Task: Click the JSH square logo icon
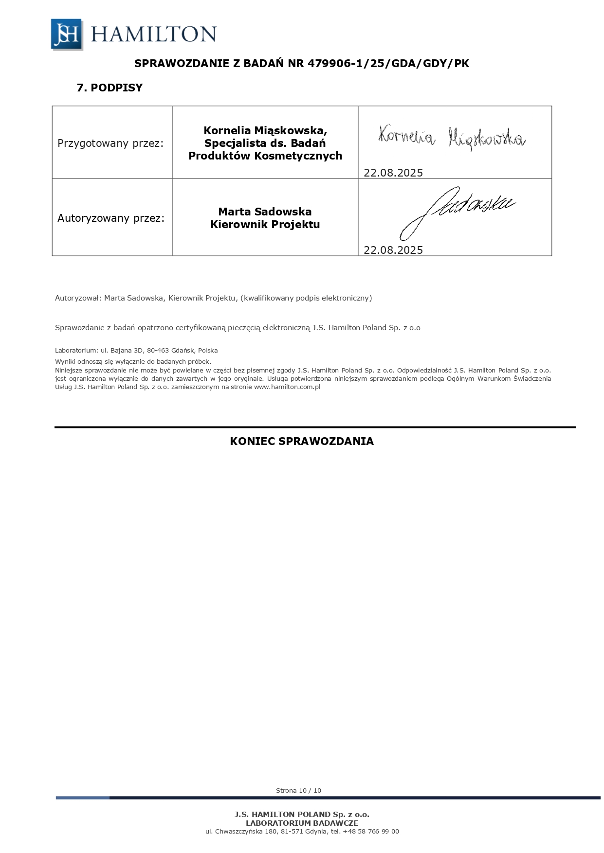tap(67, 34)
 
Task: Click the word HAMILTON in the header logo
tap(153, 35)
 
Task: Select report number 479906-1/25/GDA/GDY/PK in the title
tap(388, 64)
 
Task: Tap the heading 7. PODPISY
tap(110, 88)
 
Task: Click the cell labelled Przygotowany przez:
tap(110, 143)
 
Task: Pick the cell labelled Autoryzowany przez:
tap(111, 218)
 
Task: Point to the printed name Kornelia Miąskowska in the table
tap(265, 130)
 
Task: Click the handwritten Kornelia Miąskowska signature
tap(452, 138)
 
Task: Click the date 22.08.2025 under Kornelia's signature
tap(393, 173)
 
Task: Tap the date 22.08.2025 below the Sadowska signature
tap(393, 250)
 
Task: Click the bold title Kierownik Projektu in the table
tap(265, 225)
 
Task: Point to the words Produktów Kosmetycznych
tap(265, 156)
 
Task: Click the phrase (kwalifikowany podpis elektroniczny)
tap(306, 298)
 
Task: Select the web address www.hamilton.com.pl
tap(287, 387)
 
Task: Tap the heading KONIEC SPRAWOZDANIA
tap(302, 442)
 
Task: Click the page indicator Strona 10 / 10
tap(298, 791)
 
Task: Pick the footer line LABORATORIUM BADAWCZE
tap(302, 823)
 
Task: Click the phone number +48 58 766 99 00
tap(371, 832)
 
